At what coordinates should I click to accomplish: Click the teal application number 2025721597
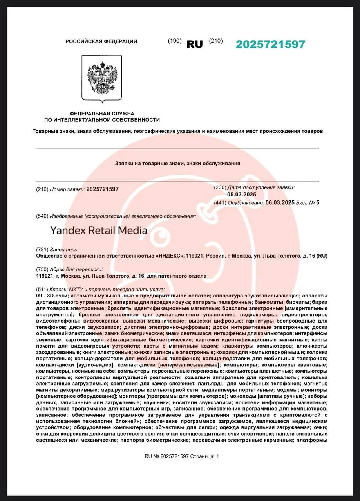pyautogui.click(x=270, y=44)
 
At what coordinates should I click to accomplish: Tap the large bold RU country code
pyautogui.click(x=195, y=44)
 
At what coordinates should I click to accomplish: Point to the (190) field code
pyautogui.click(x=174, y=41)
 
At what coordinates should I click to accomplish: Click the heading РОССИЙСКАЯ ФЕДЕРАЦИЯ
pyautogui.click(x=101, y=41)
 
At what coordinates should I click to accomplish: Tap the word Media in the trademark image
pyautogui.click(x=133, y=231)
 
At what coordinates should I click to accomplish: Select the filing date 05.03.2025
pyautogui.click(x=242, y=195)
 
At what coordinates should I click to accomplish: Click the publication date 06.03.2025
pyautogui.click(x=280, y=202)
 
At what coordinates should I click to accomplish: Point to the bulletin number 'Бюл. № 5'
pyautogui.click(x=308, y=202)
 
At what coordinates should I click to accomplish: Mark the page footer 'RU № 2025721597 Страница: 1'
pyautogui.click(x=182, y=456)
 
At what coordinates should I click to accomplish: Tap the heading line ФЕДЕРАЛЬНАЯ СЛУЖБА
pyautogui.click(x=102, y=113)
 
